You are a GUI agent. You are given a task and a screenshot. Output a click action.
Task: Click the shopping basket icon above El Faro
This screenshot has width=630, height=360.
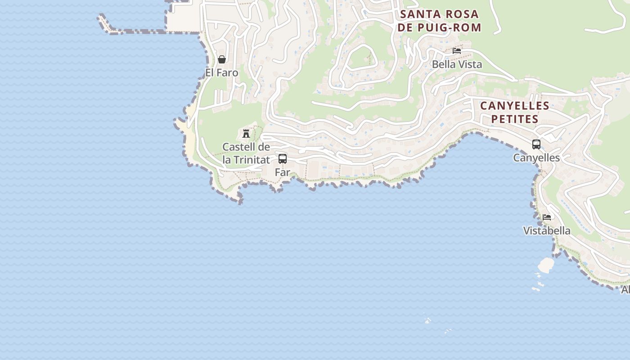point(221,59)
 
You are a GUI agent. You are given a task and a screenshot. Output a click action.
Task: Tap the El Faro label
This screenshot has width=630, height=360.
point(221,72)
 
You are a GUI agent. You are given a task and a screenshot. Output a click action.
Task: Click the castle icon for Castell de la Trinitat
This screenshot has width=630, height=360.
point(246,133)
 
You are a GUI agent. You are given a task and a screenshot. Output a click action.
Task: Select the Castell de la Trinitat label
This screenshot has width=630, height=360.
point(246,153)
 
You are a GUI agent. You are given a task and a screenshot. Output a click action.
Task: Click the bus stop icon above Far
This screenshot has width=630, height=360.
point(283,159)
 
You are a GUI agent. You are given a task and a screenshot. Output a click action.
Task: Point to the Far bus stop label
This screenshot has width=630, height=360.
point(282,172)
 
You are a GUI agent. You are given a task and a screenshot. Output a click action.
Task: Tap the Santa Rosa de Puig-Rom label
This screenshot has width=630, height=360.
point(439,21)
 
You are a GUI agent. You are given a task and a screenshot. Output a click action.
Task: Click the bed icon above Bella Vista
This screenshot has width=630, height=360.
point(457,51)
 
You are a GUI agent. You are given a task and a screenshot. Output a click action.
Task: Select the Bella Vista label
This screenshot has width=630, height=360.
point(457,64)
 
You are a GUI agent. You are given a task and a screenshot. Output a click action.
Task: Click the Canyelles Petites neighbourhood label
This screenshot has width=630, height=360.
point(515,112)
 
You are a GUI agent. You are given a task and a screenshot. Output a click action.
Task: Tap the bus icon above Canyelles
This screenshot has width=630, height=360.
point(536,144)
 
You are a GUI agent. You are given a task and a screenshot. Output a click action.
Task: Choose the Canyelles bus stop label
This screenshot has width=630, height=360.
point(536,157)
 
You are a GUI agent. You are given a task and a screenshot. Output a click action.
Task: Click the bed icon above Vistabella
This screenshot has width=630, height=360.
point(547,217)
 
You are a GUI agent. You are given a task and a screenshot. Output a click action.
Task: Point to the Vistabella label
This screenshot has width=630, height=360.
point(547,230)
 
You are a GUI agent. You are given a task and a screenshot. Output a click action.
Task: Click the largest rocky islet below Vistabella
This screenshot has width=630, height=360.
point(546,265)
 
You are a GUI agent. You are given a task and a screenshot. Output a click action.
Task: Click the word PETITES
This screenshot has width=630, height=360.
point(515,119)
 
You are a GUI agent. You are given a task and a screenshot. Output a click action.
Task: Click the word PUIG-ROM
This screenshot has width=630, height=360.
point(454,27)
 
